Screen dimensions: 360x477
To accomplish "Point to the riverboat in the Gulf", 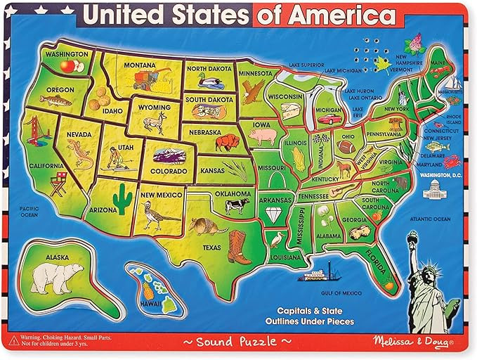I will [322, 273].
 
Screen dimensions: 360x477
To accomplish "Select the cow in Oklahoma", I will [236, 206].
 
